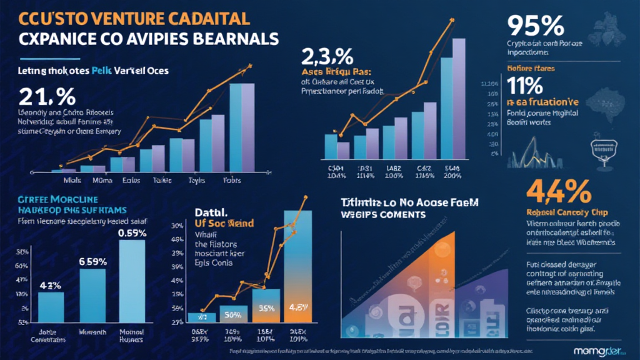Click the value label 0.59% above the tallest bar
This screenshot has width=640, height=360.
(x=131, y=233)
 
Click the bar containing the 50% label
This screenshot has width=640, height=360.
(x=232, y=316)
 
